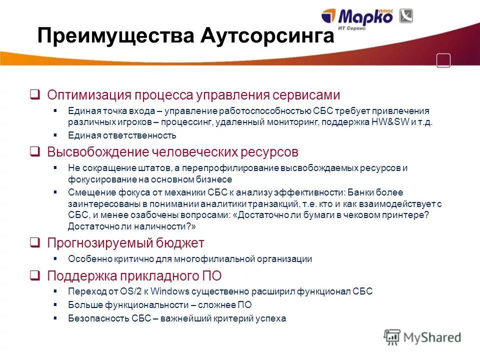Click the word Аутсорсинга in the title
tap(268, 36)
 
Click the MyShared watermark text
tap(432, 337)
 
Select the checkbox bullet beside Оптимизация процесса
tap(35, 94)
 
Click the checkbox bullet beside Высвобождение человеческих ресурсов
tap(35, 151)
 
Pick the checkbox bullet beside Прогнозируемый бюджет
tap(35, 242)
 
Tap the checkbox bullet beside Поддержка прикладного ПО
tap(35, 275)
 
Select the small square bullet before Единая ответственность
tap(55, 135)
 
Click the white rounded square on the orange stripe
tap(443, 60)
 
